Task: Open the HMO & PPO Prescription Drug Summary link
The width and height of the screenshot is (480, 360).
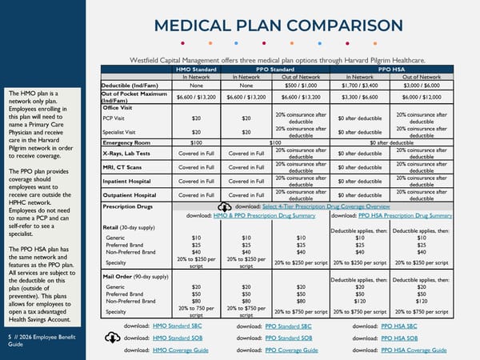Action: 270,216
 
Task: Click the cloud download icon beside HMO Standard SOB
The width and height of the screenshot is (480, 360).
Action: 113,338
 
